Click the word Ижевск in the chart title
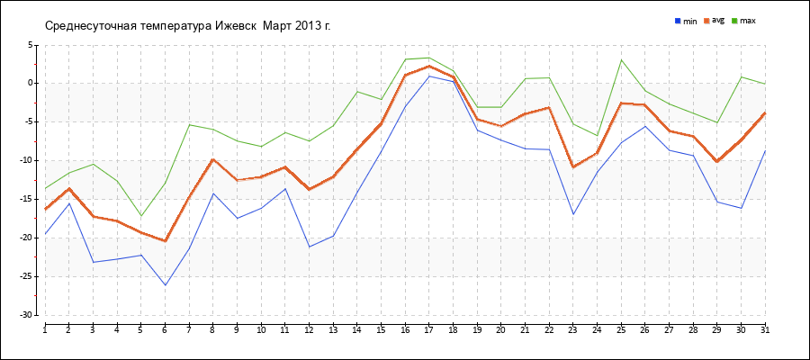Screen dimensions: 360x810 pos(236,25)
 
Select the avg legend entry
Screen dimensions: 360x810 pos(717,20)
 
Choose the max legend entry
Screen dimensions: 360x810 pos(747,20)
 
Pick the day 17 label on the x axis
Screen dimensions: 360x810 pos(429,330)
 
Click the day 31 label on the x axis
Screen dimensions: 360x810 pos(765,330)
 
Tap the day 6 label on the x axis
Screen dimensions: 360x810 pos(165,330)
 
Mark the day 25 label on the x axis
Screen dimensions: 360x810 pos(621,330)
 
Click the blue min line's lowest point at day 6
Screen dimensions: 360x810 pos(165,285)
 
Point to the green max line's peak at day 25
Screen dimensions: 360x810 pos(621,60)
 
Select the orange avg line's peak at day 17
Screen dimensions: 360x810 pos(429,66)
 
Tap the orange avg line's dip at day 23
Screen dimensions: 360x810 pos(573,167)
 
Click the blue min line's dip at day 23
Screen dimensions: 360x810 pos(573,214)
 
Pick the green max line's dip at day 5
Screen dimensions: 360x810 pos(140,216)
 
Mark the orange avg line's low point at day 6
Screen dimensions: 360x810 pos(165,241)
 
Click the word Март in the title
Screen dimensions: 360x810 pos(279,25)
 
